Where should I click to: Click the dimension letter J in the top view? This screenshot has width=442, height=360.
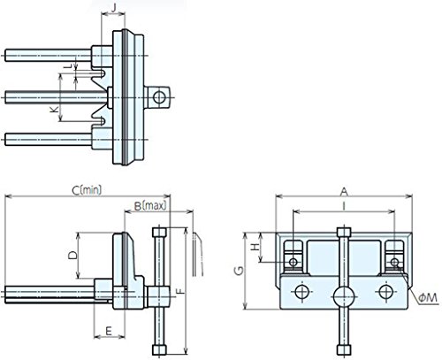[114, 7]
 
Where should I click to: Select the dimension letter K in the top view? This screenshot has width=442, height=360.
[54, 110]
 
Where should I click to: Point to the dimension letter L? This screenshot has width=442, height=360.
[69, 66]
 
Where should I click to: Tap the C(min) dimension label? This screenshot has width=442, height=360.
[87, 190]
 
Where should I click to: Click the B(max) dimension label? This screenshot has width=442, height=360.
[150, 205]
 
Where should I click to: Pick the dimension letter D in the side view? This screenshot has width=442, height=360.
[72, 256]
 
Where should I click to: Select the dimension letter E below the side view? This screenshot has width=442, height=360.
[109, 331]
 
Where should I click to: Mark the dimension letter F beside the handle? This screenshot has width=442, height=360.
[180, 291]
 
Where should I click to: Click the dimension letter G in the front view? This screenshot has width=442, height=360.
[239, 271]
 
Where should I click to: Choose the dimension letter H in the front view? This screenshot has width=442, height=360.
[255, 247]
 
